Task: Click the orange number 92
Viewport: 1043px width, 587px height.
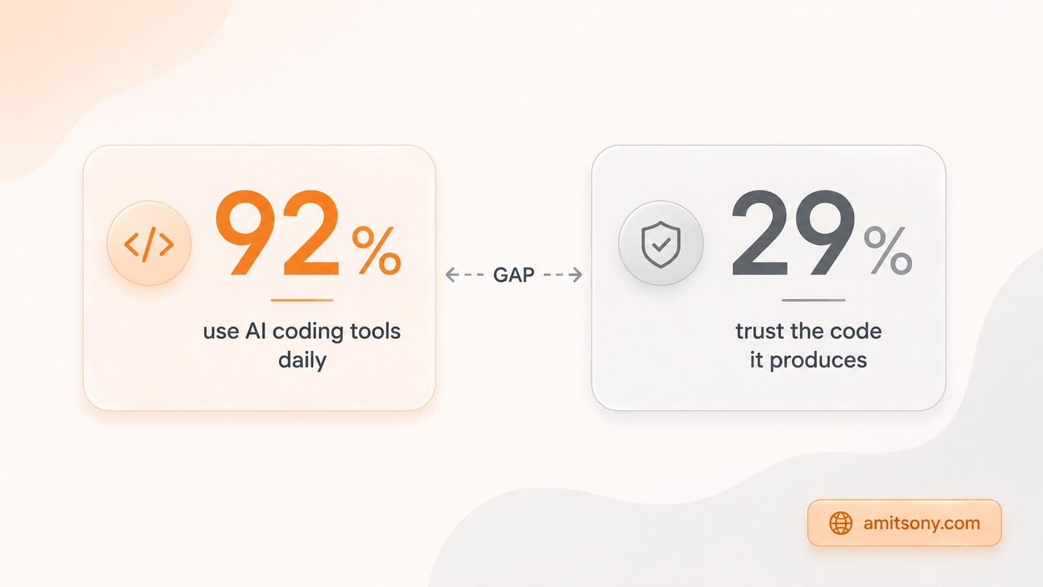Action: coord(277,233)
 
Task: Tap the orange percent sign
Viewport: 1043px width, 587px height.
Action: coord(377,250)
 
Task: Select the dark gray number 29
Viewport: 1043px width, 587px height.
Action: coord(793,233)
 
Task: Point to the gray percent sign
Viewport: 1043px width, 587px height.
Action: coord(888,250)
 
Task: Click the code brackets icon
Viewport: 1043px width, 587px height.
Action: coord(149,244)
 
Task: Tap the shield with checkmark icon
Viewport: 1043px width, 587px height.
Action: coord(661,245)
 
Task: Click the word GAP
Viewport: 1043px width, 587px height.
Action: coord(514,275)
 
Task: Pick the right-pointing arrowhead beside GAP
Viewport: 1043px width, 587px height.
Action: coord(576,275)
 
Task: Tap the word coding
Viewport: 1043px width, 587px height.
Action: coord(309,333)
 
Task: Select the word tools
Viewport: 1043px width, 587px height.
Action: coord(375,331)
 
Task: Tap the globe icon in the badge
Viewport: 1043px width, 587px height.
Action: coord(841,523)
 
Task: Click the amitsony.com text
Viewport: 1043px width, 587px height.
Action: coord(922,523)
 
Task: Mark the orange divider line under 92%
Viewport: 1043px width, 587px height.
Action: coord(302,301)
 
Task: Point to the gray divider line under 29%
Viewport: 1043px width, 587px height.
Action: coord(814,301)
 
